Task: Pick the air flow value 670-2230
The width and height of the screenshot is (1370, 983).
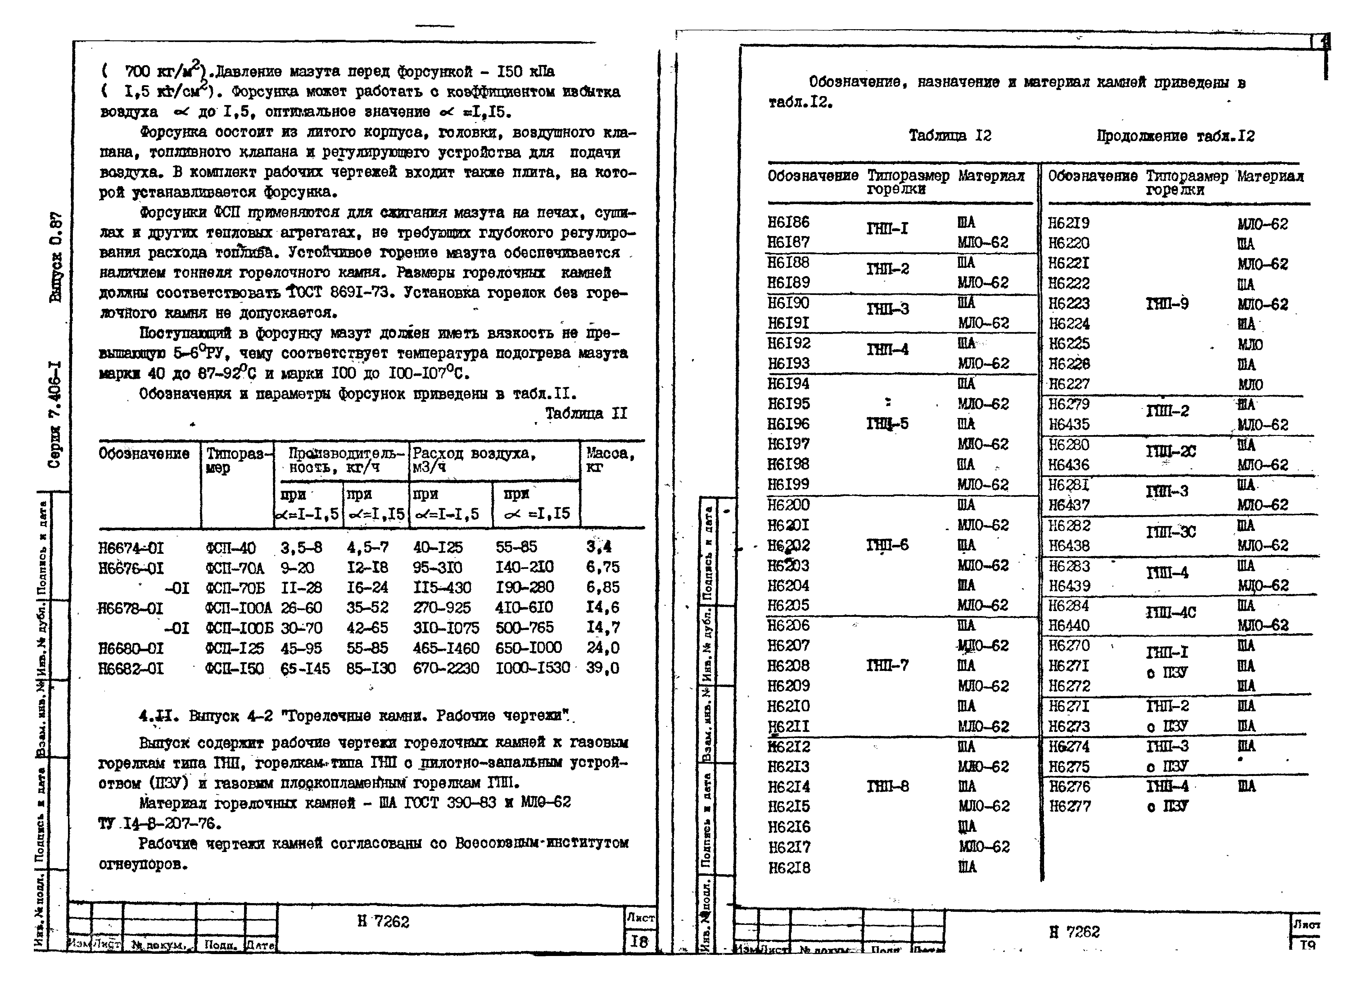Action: coord(446,668)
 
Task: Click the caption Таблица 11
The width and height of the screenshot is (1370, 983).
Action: coord(586,414)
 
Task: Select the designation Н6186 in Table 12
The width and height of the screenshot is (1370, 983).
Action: coord(788,222)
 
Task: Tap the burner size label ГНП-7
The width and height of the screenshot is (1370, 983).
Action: coord(887,665)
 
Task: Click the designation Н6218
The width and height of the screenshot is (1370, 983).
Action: coord(789,868)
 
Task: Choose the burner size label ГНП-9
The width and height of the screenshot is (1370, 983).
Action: coord(1167,304)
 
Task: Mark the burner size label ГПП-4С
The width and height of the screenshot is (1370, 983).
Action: coord(1171,613)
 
